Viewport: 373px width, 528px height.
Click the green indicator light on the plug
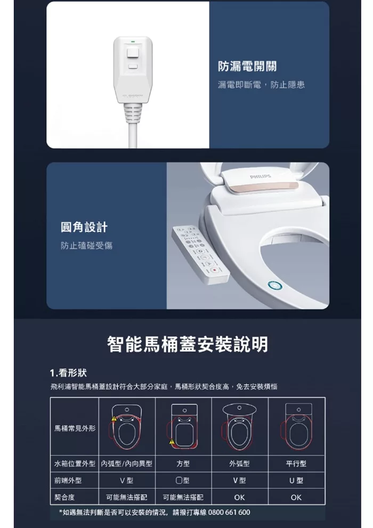pyautogui.click(x=132, y=42)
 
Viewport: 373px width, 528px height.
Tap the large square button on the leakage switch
pyautogui.click(x=133, y=53)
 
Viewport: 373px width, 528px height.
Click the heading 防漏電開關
pyautogui.click(x=247, y=67)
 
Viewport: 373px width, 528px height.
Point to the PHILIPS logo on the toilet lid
pyautogui.click(x=260, y=176)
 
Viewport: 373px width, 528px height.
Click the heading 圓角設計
pyautogui.click(x=84, y=227)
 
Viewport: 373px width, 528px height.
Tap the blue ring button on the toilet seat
pyautogui.click(x=275, y=286)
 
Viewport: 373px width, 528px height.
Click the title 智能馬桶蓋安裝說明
pyautogui.click(x=188, y=344)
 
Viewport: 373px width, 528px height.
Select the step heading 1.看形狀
pyautogui.click(x=68, y=373)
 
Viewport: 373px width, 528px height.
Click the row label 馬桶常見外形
pyautogui.click(x=75, y=428)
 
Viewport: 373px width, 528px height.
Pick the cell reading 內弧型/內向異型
pyautogui.click(x=127, y=464)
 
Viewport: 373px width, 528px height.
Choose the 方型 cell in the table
pyautogui.click(x=183, y=464)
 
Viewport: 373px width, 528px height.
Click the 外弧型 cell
pyautogui.click(x=239, y=464)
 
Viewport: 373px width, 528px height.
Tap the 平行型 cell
pyautogui.click(x=296, y=464)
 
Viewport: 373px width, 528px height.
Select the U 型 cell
pyautogui.click(x=296, y=481)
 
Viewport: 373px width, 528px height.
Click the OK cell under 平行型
pyautogui.click(x=296, y=497)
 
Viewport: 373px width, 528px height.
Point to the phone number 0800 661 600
pyautogui.click(x=229, y=512)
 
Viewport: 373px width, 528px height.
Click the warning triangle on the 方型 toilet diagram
pyautogui.click(x=172, y=442)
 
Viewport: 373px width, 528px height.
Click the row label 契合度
pyautogui.click(x=64, y=497)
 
